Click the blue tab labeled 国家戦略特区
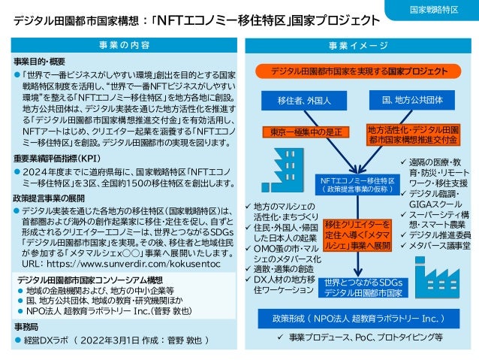(x=434, y=10)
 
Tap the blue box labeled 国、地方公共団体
(x=412, y=100)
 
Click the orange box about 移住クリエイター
(x=357, y=234)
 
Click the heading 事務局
(x=26, y=328)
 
